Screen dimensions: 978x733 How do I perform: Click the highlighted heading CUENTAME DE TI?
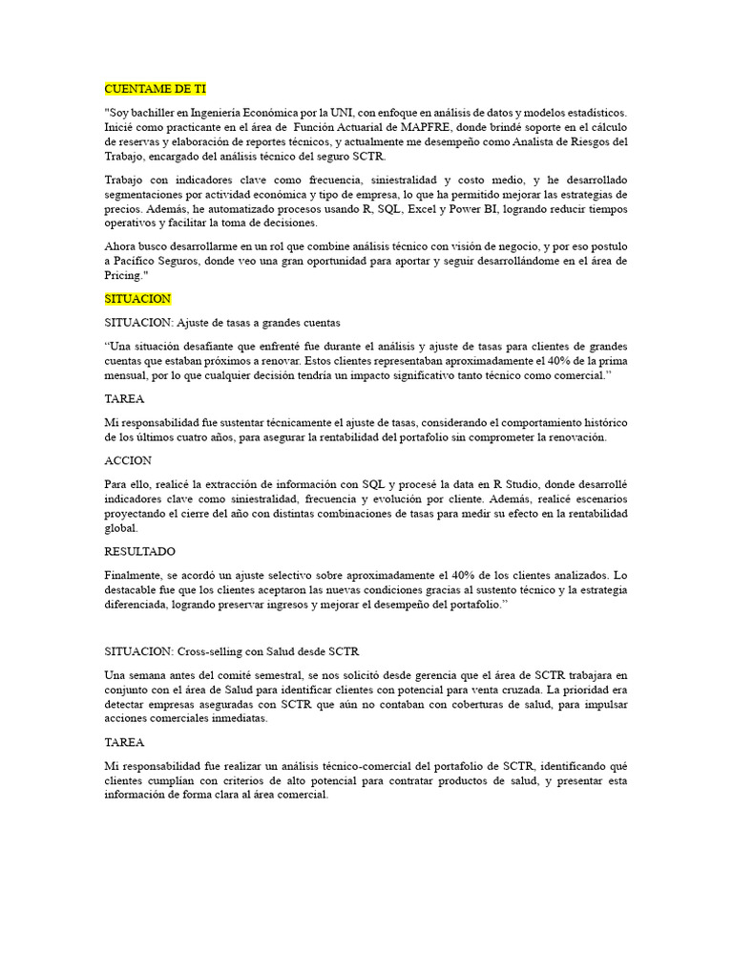tap(155, 89)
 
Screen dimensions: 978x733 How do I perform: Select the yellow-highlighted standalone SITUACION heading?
tap(137, 299)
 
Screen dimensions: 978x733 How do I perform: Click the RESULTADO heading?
tap(139, 552)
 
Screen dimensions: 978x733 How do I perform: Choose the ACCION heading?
tap(128, 460)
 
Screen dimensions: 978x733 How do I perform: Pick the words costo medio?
tap(471, 180)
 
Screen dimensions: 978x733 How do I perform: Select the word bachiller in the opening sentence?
tap(157, 113)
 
